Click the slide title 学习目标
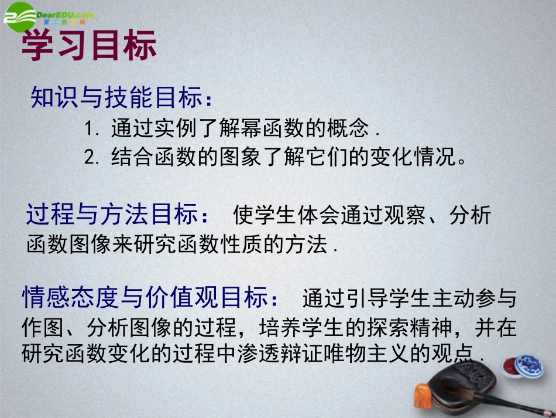(89, 45)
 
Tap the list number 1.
(88, 128)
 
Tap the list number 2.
(89, 158)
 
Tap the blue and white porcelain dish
(528, 364)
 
